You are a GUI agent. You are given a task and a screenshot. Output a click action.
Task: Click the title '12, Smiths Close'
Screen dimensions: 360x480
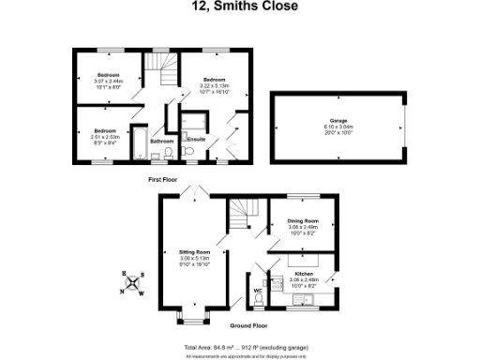coord(239,7)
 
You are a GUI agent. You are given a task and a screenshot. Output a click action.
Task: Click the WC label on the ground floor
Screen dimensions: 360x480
coord(257,291)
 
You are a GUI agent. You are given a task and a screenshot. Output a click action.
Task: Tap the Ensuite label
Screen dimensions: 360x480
coord(197,140)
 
